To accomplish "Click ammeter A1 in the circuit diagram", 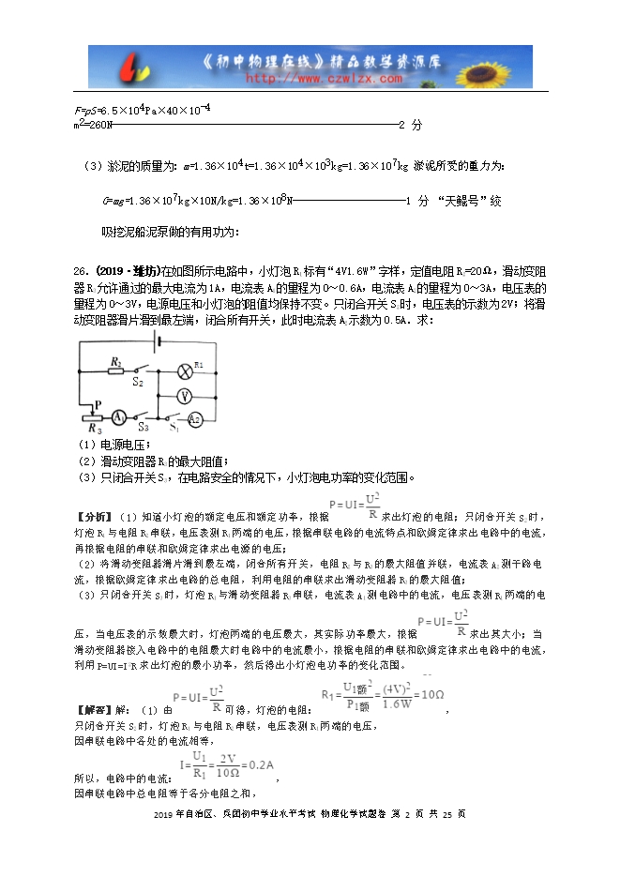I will pos(119,416).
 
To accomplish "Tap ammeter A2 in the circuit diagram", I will pos(194,418).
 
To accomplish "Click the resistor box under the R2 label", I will pos(115,371).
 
